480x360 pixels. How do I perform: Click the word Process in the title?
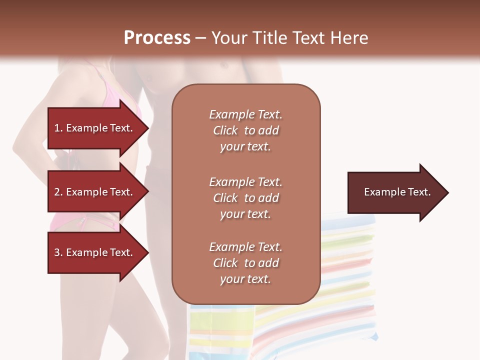[157, 38]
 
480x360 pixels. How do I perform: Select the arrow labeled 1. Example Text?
[95, 128]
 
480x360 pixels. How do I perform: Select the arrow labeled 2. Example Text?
[95, 192]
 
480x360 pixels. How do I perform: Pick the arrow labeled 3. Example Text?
[95, 252]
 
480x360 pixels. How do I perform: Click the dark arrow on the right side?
[395, 192]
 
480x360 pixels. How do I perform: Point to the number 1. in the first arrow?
[58, 128]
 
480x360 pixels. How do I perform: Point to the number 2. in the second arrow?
[58, 192]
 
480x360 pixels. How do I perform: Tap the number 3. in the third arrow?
[58, 252]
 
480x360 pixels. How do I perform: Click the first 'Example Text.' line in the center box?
[245, 114]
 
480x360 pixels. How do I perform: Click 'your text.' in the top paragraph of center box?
[245, 147]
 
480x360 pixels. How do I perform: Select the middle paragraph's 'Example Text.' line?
[245, 182]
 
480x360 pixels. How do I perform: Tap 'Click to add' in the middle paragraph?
[245, 198]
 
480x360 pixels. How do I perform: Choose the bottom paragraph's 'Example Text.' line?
[245, 247]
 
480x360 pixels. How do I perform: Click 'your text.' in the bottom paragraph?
[245, 279]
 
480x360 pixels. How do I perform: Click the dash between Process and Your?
[201, 38]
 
